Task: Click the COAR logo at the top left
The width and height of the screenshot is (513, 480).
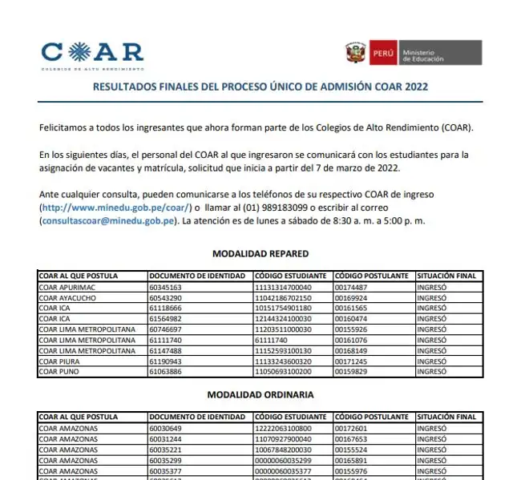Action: pyautogui.click(x=92, y=54)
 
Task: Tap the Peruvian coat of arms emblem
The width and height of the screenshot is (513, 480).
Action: pyautogui.click(x=356, y=54)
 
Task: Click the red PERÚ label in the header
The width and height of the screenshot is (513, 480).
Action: pyautogui.click(x=383, y=54)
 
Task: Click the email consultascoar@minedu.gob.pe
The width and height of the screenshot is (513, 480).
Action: pyautogui.click(x=109, y=220)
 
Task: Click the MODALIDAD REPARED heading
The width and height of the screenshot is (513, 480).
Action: pyautogui.click(x=261, y=254)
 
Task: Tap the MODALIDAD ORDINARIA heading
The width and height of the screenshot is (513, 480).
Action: pyautogui.click(x=261, y=395)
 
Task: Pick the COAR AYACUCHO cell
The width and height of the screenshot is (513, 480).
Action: pyautogui.click(x=68, y=297)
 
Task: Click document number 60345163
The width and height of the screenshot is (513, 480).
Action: pyautogui.click(x=166, y=287)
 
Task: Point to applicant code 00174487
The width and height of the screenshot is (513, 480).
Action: pyautogui.click(x=351, y=287)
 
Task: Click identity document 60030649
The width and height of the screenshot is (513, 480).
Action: pyautogui.click(x=166, y=428)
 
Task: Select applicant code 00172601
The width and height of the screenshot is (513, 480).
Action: pyautogui.click(x=351, y=428)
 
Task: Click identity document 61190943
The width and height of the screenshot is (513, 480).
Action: pyautogui.click(x=166, y=361)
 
